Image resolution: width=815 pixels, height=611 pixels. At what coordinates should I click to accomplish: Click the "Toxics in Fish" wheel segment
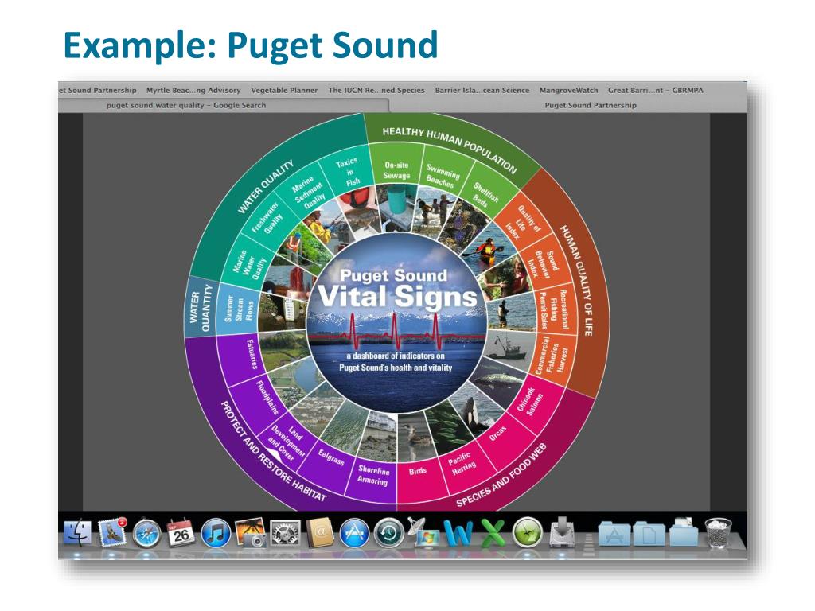point(348,171)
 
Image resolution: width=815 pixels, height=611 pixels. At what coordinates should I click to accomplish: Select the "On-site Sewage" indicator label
point(396,170)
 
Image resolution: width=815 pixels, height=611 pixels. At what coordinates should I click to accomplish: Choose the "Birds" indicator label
point(418,470)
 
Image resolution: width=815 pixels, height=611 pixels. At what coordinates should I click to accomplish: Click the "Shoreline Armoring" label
point(372,475)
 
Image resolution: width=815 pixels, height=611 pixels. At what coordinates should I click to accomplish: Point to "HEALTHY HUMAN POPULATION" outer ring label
point(449,148)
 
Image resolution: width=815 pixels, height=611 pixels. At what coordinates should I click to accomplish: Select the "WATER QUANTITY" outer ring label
point(200,305)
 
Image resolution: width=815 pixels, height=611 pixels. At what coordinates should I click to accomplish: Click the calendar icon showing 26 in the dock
point(181,533)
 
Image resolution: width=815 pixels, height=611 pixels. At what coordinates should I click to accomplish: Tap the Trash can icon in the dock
point(718,533)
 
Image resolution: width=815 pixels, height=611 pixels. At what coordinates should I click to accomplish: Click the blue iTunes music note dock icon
point(216,533)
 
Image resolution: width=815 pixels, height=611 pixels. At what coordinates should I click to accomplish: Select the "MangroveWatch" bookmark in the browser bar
point(568,90)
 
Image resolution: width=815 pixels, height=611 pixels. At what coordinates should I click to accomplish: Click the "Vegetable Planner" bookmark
point(284,90)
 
